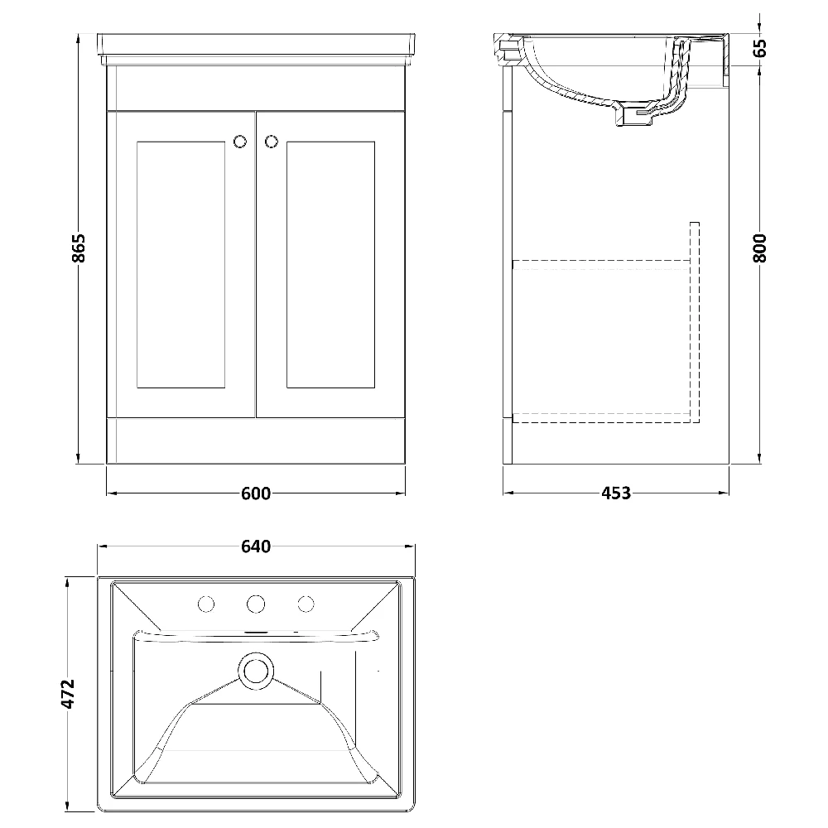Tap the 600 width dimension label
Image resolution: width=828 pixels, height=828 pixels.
tap(256, 493)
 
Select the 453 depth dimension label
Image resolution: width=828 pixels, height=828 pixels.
tap(615, 493)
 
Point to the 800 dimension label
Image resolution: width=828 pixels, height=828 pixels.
tap(761, 248)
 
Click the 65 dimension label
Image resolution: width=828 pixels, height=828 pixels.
tap(761, 48)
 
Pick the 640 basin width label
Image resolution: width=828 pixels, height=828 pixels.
tap(256, 546)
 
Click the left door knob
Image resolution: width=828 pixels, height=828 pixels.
tap(241, 142)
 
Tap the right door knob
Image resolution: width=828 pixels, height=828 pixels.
tap(271, 142)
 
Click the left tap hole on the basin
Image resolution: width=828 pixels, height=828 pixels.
tap(205, 602)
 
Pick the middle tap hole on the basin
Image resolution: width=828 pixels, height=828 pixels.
tap(256, 602)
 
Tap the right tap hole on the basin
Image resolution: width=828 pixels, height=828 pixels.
tap(306, 602)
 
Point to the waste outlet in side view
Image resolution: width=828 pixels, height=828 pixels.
tap(631, 116)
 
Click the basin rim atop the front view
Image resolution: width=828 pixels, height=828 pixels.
tap(256, 43)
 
